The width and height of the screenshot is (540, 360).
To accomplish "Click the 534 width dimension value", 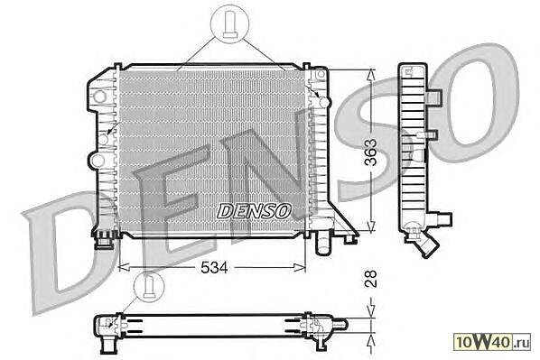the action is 214,267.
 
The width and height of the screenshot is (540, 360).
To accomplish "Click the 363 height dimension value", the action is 370,152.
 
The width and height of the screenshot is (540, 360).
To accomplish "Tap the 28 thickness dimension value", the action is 370,279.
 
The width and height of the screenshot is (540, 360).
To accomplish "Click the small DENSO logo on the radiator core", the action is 254,211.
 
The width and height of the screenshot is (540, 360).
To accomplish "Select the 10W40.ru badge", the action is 492,342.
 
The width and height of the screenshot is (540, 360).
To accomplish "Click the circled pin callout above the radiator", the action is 229,23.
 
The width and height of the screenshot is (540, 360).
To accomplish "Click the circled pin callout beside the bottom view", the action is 149,287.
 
